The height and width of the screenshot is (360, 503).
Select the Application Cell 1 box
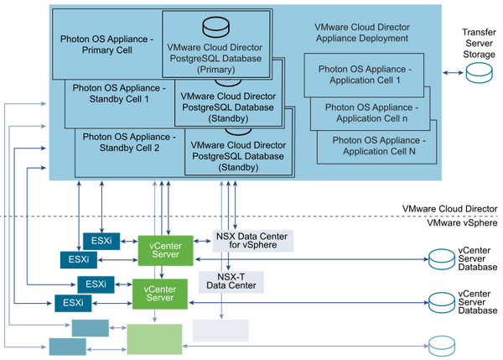tap(365, 72)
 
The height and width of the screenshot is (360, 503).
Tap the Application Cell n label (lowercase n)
tap(370, 112)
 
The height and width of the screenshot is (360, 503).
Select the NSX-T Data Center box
tap(231, 279)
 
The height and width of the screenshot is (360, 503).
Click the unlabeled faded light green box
tap(153, 339)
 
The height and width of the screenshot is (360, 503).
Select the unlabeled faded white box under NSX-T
tap(220, 330)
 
